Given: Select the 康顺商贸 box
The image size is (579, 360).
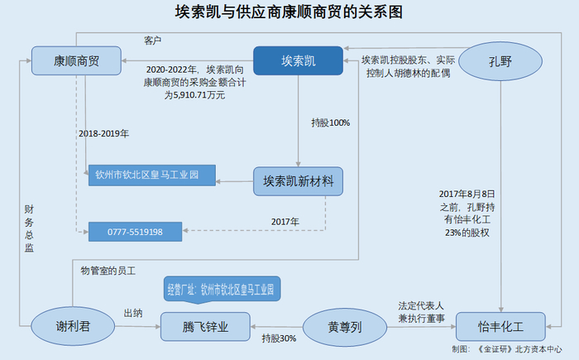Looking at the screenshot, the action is point(77,60).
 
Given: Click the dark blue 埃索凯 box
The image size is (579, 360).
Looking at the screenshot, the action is point(298,60).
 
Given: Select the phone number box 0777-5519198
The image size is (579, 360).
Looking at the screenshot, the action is point(135,233).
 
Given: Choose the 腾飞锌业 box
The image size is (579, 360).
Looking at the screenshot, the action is point(205,326).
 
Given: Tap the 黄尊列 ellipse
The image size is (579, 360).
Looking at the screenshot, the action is point(344,326).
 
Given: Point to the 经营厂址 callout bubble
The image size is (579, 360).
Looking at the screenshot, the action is point(218,291).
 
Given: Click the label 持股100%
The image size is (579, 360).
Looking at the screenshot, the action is point(330,122).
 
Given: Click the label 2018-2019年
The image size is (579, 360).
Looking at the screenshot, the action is point(104,132).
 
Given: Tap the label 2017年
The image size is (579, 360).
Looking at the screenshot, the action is point(285,221).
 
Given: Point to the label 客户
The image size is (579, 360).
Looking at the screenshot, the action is point(152,40).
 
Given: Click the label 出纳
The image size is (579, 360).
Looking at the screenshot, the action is point(133,313).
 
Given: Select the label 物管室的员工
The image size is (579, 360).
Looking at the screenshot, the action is point(107,271).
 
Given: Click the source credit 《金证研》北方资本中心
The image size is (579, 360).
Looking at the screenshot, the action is point(519,350).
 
